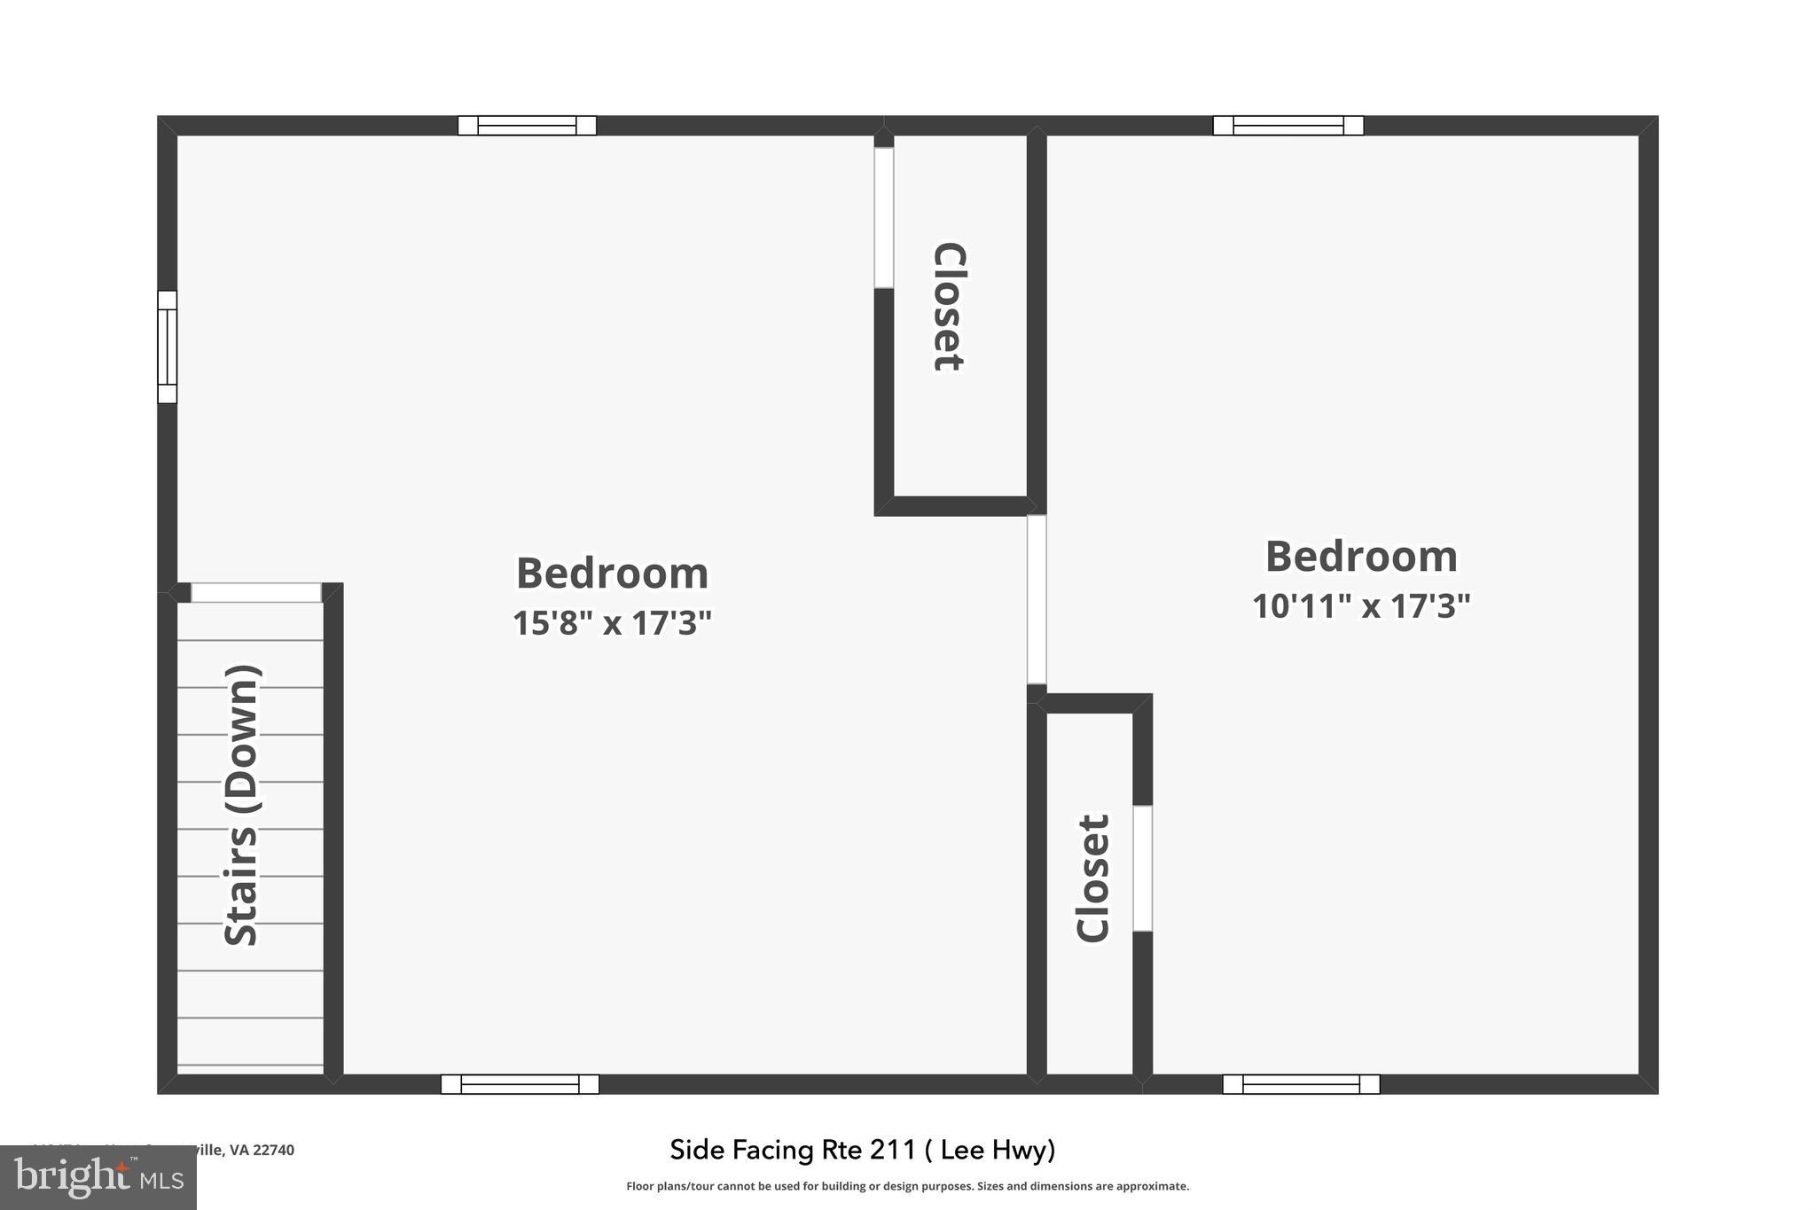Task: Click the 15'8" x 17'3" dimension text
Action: [612, 623]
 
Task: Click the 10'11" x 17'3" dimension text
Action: [1361, 606]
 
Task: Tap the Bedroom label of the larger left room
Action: [612, 574]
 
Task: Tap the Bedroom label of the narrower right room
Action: [1361, 557]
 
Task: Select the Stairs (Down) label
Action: [241, 805]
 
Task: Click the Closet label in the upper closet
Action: [948, 307]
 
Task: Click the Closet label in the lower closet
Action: [1092, 878]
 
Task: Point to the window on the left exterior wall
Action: [167, 347]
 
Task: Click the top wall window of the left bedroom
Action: [527, 125]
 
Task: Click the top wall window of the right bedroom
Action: [1288, 125]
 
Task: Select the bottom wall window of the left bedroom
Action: [520, 1084]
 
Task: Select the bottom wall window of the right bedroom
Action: [1301, 1084]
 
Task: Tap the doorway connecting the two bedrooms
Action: [1037, 599]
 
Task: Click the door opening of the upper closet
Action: [883, 217]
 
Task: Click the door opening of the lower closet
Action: [1143, 868]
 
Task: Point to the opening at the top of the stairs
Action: [256, 592]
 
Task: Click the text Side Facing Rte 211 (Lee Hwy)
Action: [863, 1150]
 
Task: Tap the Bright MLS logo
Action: [98, 1177]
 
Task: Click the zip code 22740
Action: [273, 1150]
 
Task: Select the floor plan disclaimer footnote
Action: [907, 1186]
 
